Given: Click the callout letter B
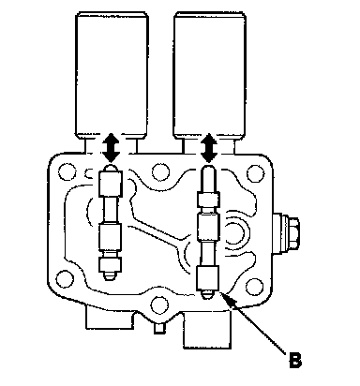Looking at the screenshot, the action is [295, 361].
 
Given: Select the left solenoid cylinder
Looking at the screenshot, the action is [112, 75].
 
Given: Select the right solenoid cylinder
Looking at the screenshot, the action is [209, 75].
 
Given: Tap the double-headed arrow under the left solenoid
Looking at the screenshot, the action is [112, 148].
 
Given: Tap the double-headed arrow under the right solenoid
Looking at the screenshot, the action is [209, 148].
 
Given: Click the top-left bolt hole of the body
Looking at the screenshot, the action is [67, 171].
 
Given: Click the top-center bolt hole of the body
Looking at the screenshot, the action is [160, 171].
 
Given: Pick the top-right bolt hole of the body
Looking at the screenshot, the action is [255, 173].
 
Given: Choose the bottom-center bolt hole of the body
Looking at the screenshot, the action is [159, 305].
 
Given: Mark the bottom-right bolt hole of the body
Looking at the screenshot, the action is [254, 287].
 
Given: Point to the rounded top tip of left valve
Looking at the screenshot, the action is [112, 168].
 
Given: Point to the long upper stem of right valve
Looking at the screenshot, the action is [208, 179].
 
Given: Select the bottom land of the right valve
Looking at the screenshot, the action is [207, 278].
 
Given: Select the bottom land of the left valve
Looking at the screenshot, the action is [110, 265].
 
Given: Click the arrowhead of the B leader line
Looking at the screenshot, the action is [227, 299].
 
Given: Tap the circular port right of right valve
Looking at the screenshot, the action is [236, 231].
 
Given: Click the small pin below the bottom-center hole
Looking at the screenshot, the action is [159, 329].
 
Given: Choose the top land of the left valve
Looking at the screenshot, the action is [111, 184].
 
